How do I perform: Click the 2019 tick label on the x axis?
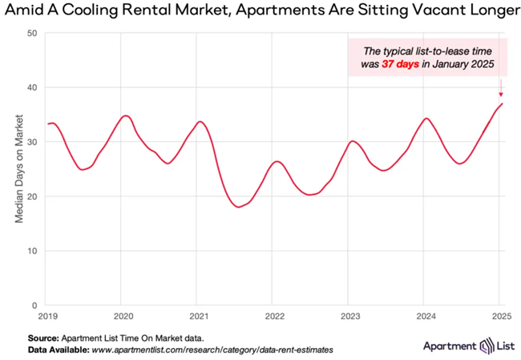tap(47, 316)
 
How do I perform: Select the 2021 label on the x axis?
tap(199, 316)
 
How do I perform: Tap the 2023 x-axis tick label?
tap(349, 316)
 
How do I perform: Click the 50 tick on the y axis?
tap(32, 33)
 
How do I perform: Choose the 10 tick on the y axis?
tap(32, 251)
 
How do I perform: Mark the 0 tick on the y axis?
tap(34, 305)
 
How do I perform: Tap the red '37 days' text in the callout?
tap(402, 64)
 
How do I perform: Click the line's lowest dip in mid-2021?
tap(239, 207)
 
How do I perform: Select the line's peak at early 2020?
tap(124, 115)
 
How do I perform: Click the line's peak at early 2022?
tap(276, 161)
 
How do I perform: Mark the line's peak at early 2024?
tap(426, 118)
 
